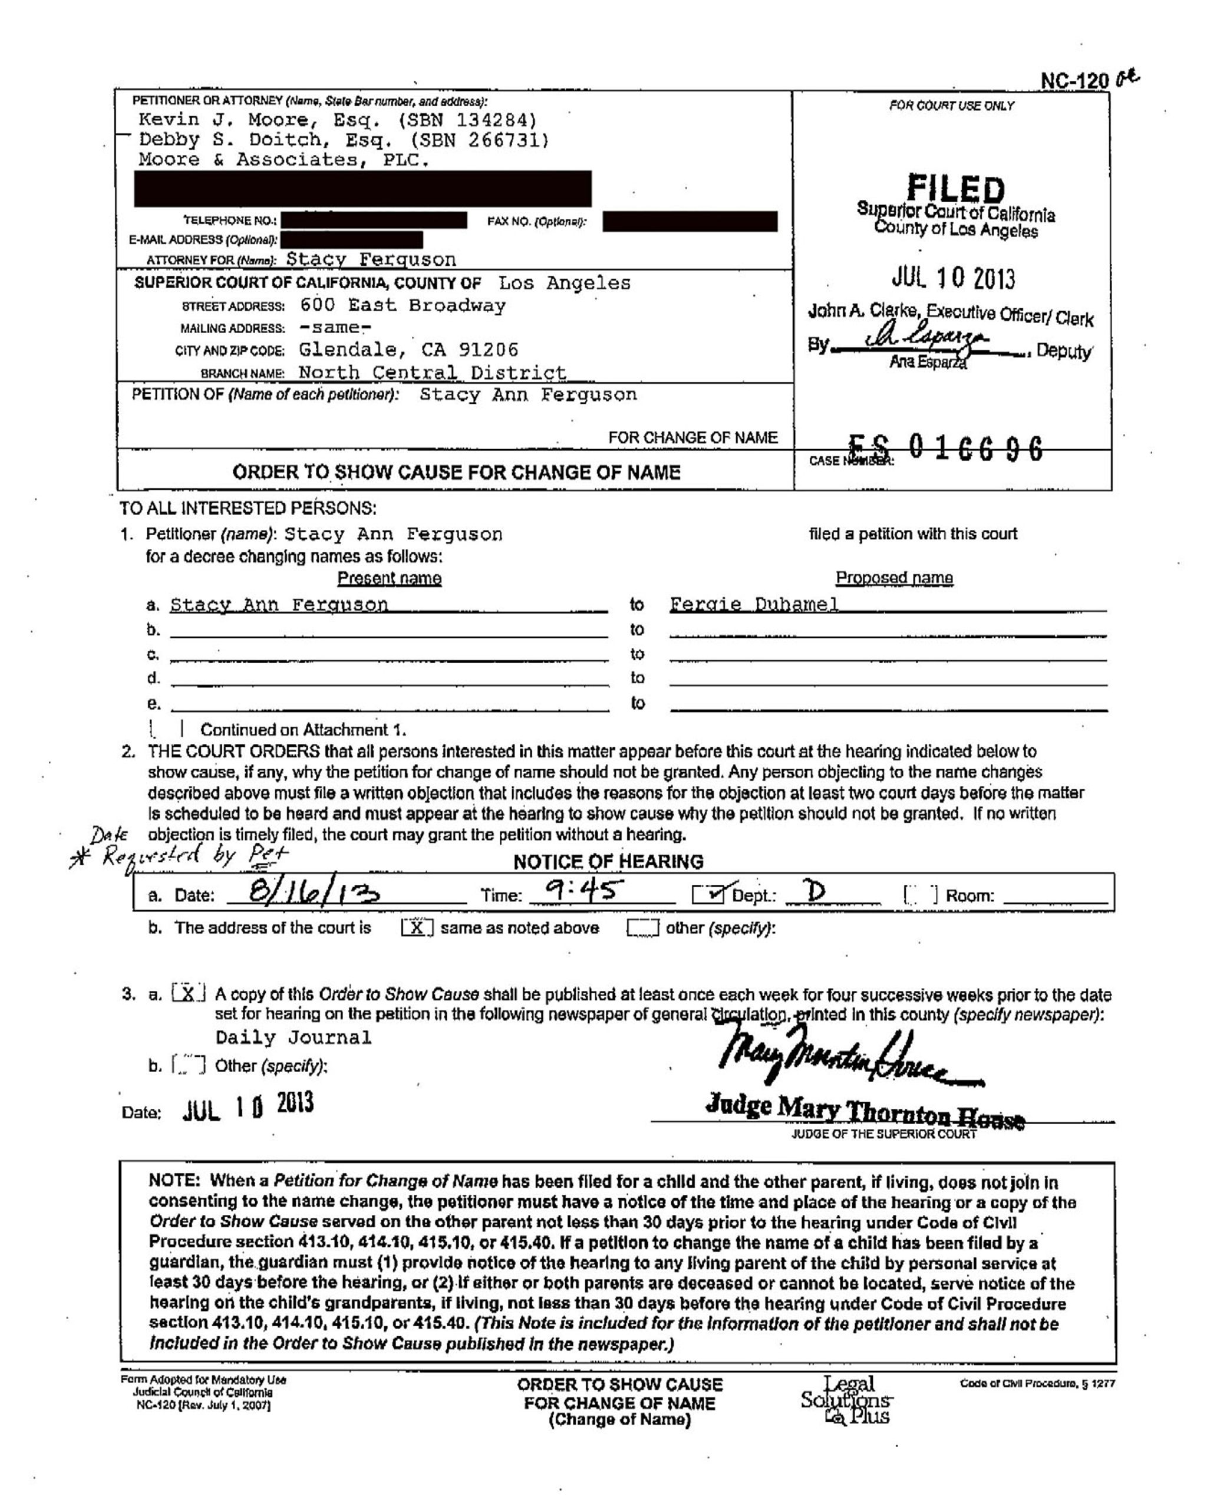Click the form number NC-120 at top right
click(x=1074, y=81)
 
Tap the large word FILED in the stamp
click(x=956, y=189)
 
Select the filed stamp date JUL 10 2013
click(x=953, y=279)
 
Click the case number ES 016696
click(x=945, y=448)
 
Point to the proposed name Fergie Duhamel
click(x=754, y=604)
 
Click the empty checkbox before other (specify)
click(x=642, y=928)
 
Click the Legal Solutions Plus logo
click(x=847, y=1400)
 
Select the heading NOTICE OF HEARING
click(x=608, y=862)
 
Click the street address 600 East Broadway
click(x=403, y=306)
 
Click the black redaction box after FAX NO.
click(x=689, y=221)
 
